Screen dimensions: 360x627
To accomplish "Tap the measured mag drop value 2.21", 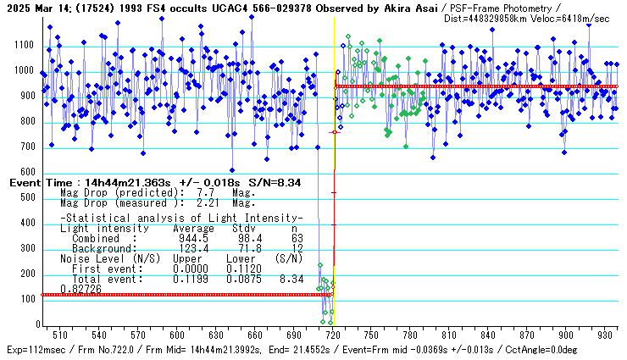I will coord(199,203).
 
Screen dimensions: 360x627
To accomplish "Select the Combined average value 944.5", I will coord(188,239).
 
